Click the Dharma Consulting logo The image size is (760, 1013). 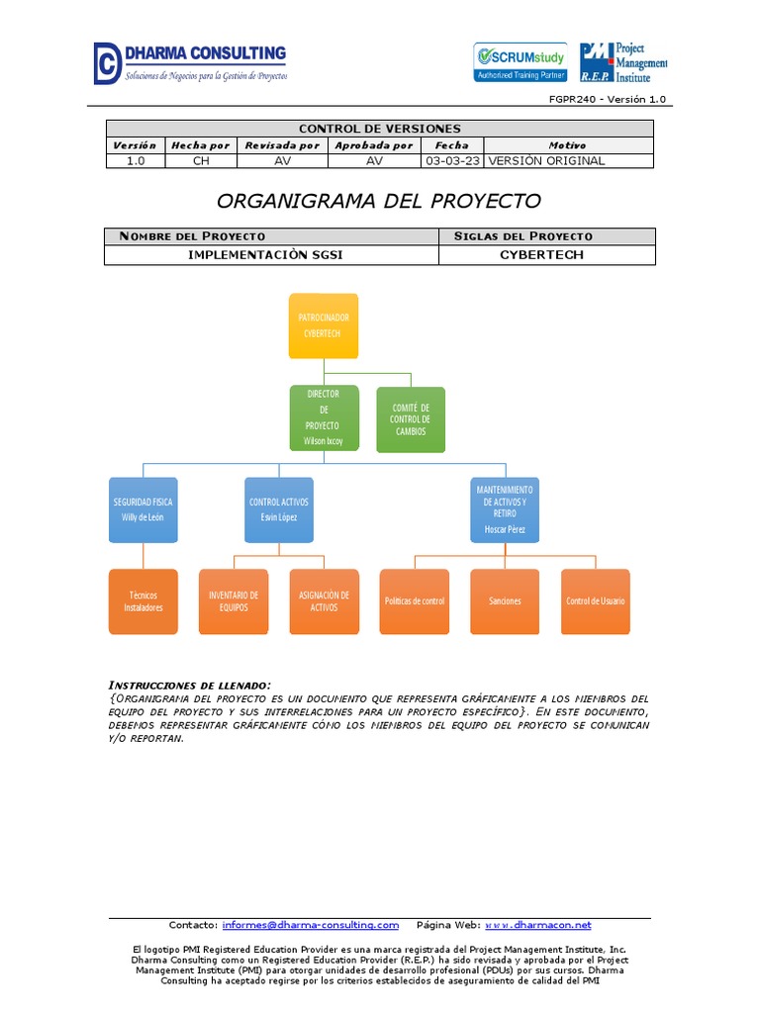pyautogui.click(x=190, y=62)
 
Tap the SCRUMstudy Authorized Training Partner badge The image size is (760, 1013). pyautogui.click(x=521, y=61)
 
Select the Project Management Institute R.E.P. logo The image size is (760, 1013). pyautogui.click(x=623, y=62)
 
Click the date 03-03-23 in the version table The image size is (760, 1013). pyautogui.click(x=452, y=161)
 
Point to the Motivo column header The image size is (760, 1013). pyautogui.click(x=567, y=145)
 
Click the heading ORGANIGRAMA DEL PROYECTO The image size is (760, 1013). pyautogui.click(x=379, y=201)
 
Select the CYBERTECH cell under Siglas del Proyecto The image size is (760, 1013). pyautogui.click(x=546, y=255)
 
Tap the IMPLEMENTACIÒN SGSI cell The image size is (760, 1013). pyautogui.click(x=271, y=255)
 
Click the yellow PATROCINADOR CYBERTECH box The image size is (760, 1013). pyautogui.click(x=324, y=325)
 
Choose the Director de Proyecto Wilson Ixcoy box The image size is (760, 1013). pyautogui.click(x=324, y=417)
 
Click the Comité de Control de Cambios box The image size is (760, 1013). pyautogui.click(x=411, y=419)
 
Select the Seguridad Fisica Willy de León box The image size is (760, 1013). pyautogui.click(x=143, y=509)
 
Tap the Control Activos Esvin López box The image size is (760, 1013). pyautogui.click(x=279, y=509)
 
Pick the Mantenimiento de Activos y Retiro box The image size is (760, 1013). pyautogui.click(x=505, y=509)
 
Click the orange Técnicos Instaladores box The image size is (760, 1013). pyautogui.click(x=143, y=601)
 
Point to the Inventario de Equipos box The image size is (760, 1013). pyautogui.click(x=234, y=601)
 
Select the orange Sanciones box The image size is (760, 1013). pyautogui.click(x=505, y=601)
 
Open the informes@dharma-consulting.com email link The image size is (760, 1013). pyautogui.click(x=311, y=925)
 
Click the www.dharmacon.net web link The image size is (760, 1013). pyautogui.click(x=538, y=925)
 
